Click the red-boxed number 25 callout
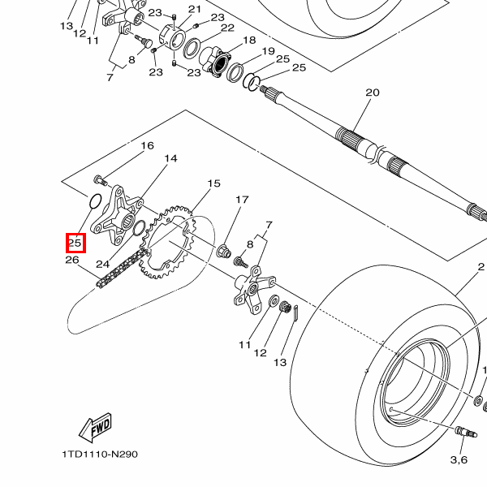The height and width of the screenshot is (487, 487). pos(75,243)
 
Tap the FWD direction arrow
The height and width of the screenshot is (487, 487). pos(95,428)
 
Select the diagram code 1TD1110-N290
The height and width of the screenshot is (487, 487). pos(100,455)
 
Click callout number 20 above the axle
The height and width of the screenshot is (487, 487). pos(373,93)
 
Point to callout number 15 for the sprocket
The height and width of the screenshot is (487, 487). pos(213,183)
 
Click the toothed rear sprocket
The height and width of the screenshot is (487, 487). pos(166,242)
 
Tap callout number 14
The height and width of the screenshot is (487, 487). pos(170,159)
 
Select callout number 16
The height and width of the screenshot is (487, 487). pos(147,145)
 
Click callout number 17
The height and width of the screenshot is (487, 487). pos(242,200)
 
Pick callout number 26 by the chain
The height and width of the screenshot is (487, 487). pos(72,260)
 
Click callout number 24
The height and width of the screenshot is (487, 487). pos(103,264)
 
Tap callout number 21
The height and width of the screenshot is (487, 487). pos(195,9)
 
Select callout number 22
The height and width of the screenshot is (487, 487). pos(227,28)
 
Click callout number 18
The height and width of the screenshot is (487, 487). pos(249,40)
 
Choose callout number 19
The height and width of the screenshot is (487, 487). pos(269,51)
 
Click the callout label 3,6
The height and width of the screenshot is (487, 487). pos(459,459)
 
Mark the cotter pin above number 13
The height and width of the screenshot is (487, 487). pos(295,312)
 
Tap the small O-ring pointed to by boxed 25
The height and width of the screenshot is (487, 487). pos(95,200)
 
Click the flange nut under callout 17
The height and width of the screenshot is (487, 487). pos(223,251)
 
